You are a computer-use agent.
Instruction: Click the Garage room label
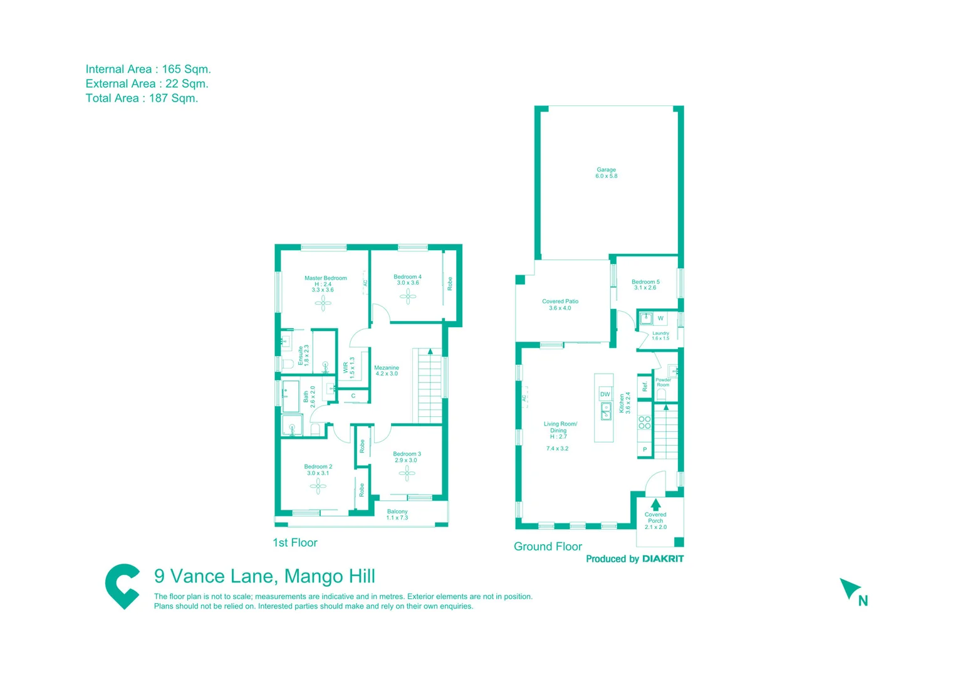(606, 173)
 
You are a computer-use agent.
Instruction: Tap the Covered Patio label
(560, 305)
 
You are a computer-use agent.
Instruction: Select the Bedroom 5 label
(645, 285)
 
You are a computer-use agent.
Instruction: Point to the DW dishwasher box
(605, 394)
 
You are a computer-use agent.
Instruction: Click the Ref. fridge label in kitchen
(645, 387)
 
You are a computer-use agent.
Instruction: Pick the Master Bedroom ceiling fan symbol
(323, 303)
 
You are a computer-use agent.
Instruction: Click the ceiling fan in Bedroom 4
(408, 296)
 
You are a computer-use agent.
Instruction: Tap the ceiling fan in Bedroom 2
(318, 486)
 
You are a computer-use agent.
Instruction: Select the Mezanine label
(387, 370)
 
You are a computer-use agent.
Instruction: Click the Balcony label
(397, 515)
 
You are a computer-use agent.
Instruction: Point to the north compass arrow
(850, 589)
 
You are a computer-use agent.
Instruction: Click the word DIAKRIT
(663, 559)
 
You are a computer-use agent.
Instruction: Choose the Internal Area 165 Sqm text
(148, 69)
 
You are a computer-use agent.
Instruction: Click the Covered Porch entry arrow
(655, 504)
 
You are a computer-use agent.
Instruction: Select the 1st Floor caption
(295, 543)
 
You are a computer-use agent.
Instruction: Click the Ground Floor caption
(548, 547)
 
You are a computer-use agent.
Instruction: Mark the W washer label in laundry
(660, 318)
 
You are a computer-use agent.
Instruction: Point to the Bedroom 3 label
(407, 457)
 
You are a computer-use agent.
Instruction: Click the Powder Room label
(663, 382)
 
